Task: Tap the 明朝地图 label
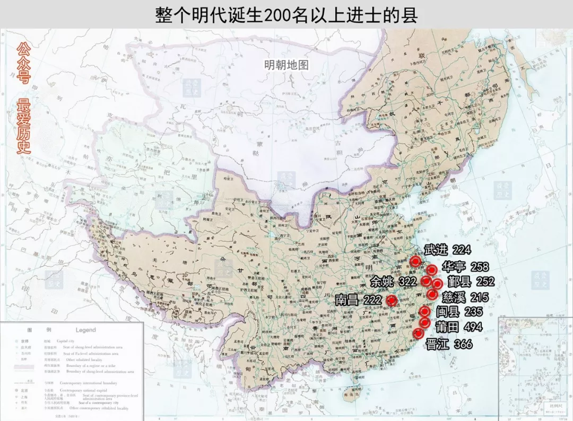pos(286,65)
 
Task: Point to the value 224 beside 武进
pos(462,251)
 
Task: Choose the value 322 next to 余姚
pos(407,281)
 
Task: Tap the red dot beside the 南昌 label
pos(392,301)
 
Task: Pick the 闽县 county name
pos(449,312)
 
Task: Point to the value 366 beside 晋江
pos(463,344)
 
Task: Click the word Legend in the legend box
pos(85,330)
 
